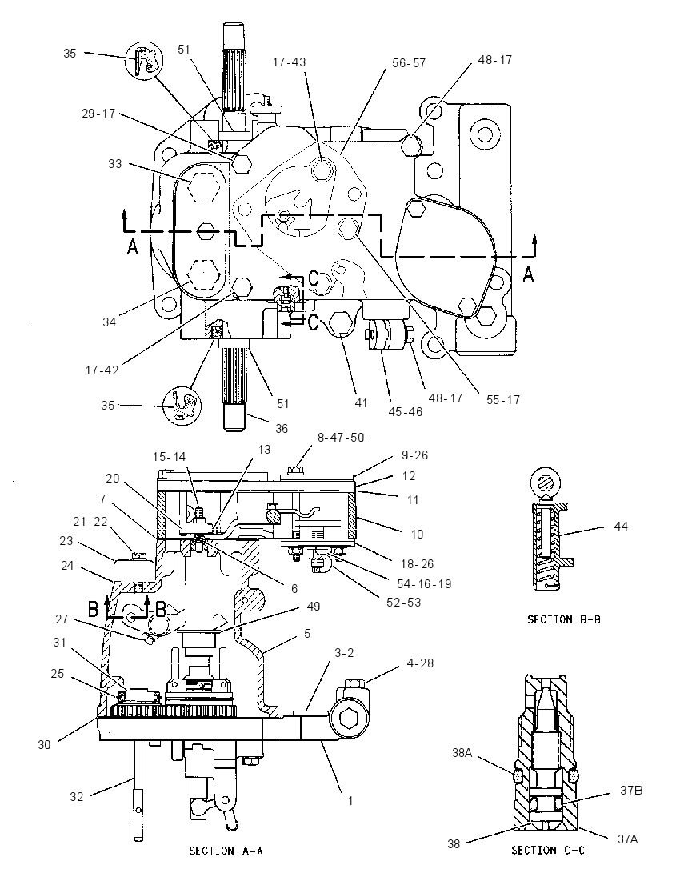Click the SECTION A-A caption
[226, 851]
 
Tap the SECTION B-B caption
[564, 619]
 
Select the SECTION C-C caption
[548, 850]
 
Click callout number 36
[282, 428]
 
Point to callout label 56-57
[409, 63]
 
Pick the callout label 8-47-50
[341, 438]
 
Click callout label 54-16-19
[424, 583]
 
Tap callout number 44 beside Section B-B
[621, 526]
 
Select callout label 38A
[462, 753]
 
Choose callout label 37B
[630, 791]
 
